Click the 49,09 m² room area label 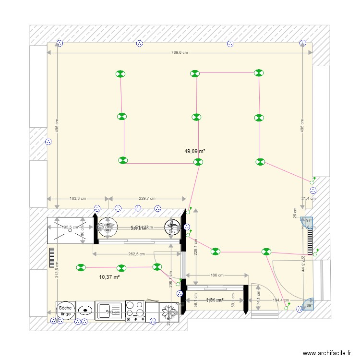point(195,151)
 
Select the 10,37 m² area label point(109,277)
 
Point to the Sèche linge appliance point(65,311)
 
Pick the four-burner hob point(135,311)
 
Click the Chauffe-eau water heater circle point(107,227)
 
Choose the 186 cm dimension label point(217,276)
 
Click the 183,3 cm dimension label point(77,198)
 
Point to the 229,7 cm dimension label point(147,198)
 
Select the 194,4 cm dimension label point(280,300)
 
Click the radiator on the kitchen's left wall point(51,259)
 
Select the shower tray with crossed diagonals point(70,227)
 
